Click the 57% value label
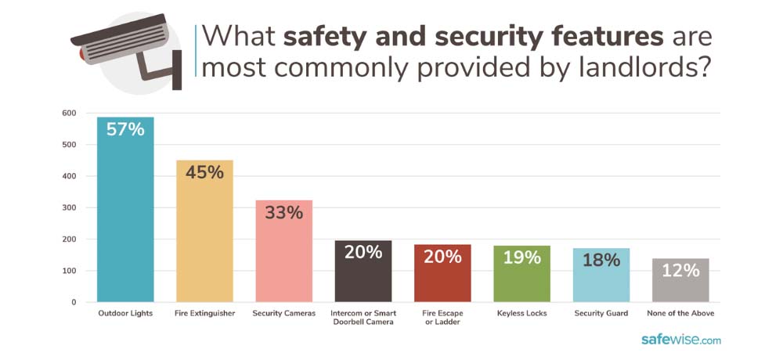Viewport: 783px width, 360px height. tap(125, 130)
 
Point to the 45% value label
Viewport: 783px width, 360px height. tap(204, 171)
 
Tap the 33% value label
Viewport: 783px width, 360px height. tap(283, 212)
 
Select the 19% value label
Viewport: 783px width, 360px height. tap(521, 257)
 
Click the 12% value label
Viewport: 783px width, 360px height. tap(680, 270)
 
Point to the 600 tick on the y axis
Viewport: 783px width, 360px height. tap(69, 113)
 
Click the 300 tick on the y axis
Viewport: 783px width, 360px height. tap(69, 208)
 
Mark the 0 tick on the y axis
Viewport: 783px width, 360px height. tap(74, 302)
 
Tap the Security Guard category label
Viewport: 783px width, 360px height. tap(601, 314)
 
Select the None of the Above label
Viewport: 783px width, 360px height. tap(680, 314)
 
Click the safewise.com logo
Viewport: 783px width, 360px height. tap(681, 340)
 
